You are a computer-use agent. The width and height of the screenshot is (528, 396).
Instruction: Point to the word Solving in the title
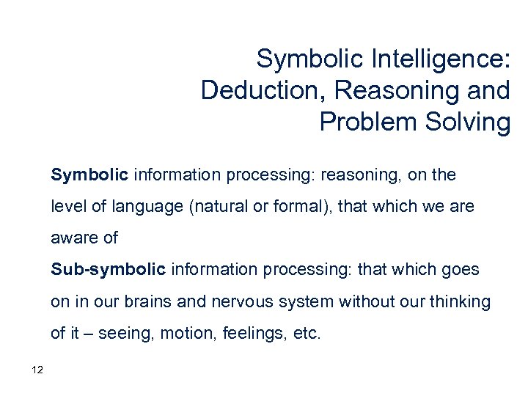tap(469, 122)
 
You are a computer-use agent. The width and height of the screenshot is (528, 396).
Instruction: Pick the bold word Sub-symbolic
tap(109, 269)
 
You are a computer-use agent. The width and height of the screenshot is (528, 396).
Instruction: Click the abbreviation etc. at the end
tap(307, 334)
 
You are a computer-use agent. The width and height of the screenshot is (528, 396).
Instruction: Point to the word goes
tap(461, 269)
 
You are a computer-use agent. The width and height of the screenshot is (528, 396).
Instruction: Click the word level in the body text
tap(67, 207)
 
